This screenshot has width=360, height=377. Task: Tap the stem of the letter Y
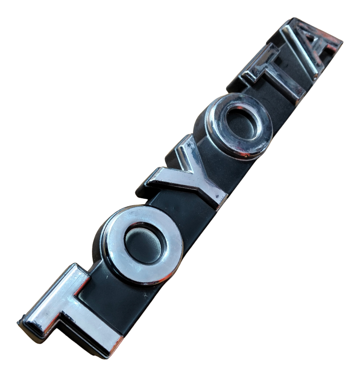click(209, 190)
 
